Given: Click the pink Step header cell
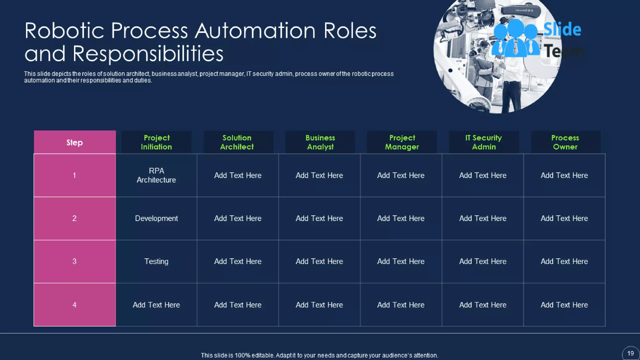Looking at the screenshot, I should [75, 142].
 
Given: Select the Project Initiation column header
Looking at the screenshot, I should [156, 142].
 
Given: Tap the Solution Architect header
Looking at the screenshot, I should [237, 142].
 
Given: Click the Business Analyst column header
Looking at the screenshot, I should [320, 142].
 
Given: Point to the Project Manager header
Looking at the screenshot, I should [402, 142].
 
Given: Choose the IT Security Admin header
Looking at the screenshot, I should [483, 142].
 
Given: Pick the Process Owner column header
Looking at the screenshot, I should [565, 142].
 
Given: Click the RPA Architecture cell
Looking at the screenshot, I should [156, 175].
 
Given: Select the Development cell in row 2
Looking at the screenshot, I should [156, 218].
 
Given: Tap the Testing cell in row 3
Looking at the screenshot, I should [156, 262].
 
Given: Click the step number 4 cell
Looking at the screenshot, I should [75, 305].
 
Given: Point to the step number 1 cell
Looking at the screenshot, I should [75, 175].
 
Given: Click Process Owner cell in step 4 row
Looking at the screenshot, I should [564, 305].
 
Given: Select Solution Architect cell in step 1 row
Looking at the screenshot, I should [237, 175].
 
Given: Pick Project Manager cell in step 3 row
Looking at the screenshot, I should [401, 262].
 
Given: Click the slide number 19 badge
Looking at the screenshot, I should [630, 353].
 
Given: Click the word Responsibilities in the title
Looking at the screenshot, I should [148, 54].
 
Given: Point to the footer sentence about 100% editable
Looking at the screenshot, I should [319, 355].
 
